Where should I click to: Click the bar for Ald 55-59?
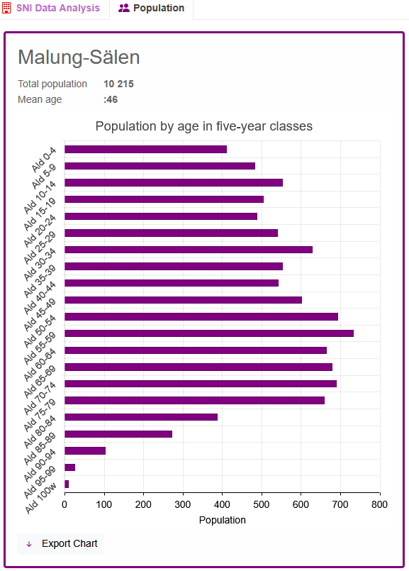pos(209,333)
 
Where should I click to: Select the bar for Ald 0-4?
pos(145,149)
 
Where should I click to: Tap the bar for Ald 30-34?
pos(189,250)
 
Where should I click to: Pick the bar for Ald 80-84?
pos(141,417)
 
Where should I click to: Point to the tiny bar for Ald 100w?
pos(67,484)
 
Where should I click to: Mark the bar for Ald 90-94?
pos(85,450)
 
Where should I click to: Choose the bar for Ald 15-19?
pos(164,199)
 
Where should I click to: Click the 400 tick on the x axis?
pos(222,504)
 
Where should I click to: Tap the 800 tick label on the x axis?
pos(379,504)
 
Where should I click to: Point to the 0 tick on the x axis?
pos(65,504)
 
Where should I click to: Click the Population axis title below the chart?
pos(223,520)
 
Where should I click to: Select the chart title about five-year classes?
pos(203,126)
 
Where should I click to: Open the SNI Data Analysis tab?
pos(58,8)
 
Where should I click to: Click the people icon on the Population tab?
pos(124,8)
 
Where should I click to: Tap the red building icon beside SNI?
pos(6,8)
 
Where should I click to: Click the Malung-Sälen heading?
pos(79,57)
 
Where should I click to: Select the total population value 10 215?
pos(118,84)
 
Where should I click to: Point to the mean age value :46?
pos(111,99)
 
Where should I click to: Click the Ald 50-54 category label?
pos(40,331)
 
